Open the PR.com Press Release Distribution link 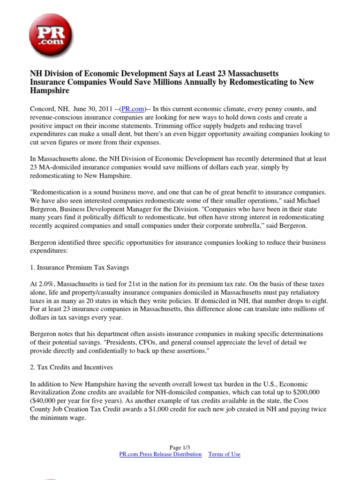coord(161,454)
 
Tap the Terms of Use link coord(224,454)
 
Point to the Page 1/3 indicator coord(180,447)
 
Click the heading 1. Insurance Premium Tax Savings coord(79,267)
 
